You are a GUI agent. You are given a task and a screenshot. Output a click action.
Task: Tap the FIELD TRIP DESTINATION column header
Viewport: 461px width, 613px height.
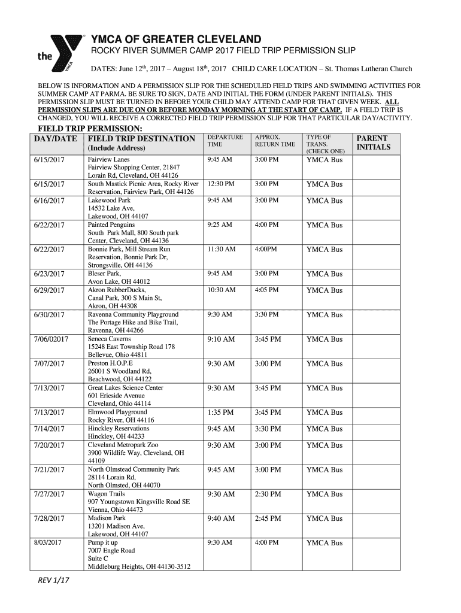pyautogui.click(x=141, y=139)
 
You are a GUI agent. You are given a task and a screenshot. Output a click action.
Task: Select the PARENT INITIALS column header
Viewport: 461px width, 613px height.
pyautogui.click(x=372, y=142)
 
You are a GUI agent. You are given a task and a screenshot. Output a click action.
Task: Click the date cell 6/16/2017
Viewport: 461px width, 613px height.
pyautogui.click(x=49, y=201)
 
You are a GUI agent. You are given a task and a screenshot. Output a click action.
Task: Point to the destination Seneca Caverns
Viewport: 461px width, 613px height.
pyautogui.click(x=109, y=339)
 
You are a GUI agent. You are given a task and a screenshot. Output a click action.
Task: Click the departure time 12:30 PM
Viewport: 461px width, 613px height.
pyautogui.click(x=221, y=184)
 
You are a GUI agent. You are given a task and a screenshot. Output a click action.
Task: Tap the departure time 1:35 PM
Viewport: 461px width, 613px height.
pyautogui.click(x=221, y=412)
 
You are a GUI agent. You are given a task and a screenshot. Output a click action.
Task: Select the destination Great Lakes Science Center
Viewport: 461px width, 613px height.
pyautogui.click(x=125, y=388)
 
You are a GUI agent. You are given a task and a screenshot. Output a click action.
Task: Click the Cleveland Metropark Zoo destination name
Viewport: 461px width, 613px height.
pyautogui.click(x=123, y=445)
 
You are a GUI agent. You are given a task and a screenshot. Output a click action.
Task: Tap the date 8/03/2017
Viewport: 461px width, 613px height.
pyautogui.click(x=48, y=542)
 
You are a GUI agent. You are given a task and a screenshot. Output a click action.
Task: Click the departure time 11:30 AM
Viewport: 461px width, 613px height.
pyautogui.click(x=221, y=249)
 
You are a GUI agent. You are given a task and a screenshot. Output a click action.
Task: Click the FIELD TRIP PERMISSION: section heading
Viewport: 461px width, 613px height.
pyautogui.click(x=90, y=129)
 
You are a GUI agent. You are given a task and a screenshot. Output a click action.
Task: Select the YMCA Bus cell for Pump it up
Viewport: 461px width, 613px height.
pyautogui.click(x=324, y=543)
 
